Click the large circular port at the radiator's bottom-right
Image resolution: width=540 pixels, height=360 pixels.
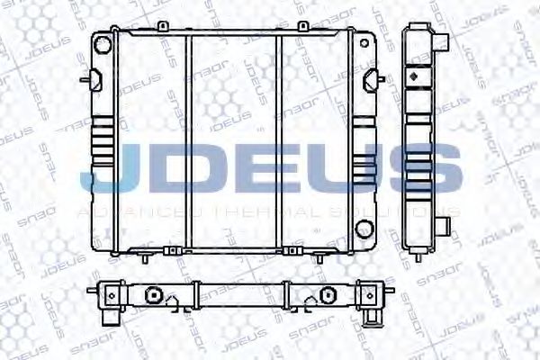[x=364, y=228]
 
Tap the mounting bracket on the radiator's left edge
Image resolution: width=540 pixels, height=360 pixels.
[x=88, y=79]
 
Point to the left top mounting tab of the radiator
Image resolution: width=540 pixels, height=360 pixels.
[x=163, y=27]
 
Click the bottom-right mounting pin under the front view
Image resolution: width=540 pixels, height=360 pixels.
[x=320, y=256]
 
